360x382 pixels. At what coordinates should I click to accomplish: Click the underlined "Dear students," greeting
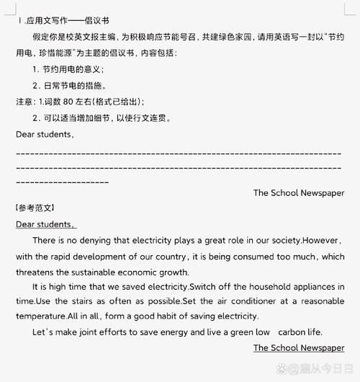[46, 224]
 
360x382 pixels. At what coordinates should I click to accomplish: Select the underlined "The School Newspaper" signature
[299, 347]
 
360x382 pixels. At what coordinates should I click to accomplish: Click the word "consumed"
[257, 256]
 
